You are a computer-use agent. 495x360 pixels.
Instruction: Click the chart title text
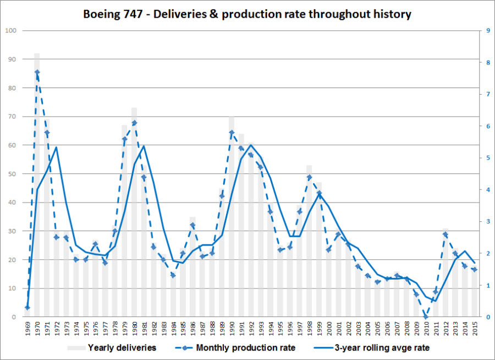[x=248, y=14]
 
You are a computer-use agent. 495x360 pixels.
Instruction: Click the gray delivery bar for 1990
[x=232, y=220]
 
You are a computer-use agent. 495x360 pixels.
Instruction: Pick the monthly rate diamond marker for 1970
[x=37, y=72]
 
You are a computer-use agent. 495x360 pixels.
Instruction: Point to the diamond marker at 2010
[x=426, y=317]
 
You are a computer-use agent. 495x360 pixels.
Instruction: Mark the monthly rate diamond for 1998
[x=309, y=177]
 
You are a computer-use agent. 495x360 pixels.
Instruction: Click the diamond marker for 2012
[x=446, y=234]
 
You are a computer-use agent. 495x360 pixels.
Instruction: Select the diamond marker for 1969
[x=28, y=308]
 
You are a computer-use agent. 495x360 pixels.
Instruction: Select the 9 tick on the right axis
[x=481, y=31]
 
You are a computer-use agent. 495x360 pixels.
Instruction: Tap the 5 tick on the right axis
[x=481, y=158]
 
